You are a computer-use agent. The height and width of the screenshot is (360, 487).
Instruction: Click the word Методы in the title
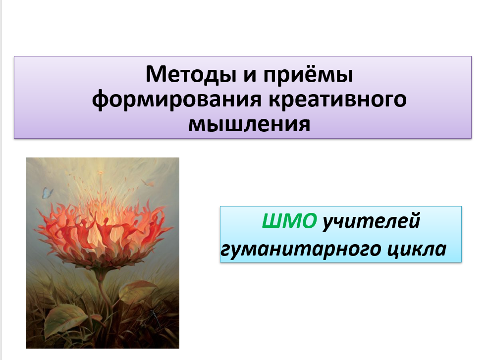(191, 75)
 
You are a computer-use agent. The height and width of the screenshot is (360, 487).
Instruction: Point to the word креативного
(337, 100)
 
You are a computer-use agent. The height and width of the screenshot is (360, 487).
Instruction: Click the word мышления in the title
(249, 124)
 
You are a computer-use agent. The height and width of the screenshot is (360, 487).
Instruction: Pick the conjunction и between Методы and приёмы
(250, 76)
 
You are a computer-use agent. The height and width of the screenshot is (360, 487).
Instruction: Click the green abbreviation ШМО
(289, 221)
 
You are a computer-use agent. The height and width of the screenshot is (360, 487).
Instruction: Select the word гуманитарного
(301, 249)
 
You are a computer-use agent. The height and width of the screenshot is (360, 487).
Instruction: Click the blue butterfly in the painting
(47, 193)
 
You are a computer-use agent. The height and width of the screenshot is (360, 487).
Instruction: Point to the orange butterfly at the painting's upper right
(148, 183)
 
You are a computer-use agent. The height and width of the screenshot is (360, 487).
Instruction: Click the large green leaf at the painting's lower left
(64, 320)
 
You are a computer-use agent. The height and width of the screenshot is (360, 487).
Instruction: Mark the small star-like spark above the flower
(100, 172)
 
